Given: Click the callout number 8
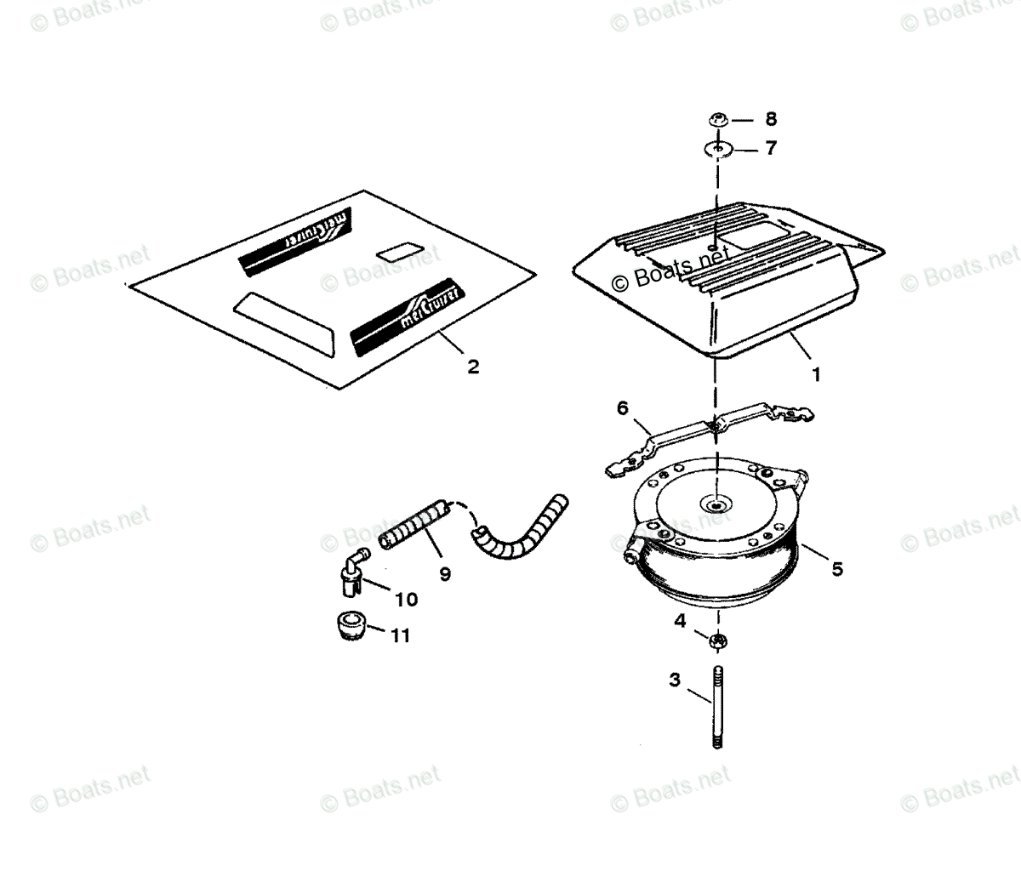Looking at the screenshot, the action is (771, 118).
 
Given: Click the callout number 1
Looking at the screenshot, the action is (816, 373).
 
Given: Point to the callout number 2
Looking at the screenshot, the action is (473, 367).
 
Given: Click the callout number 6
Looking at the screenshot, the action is (623, 408).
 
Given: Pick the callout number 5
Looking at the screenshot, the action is (837, 569).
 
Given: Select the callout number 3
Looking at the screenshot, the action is (675, 680).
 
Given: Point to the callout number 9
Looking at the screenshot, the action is (444, 573).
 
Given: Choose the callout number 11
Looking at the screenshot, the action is (400, 635).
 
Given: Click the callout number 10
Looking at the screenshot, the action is (406, 600).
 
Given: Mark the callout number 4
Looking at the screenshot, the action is (680, 621).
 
